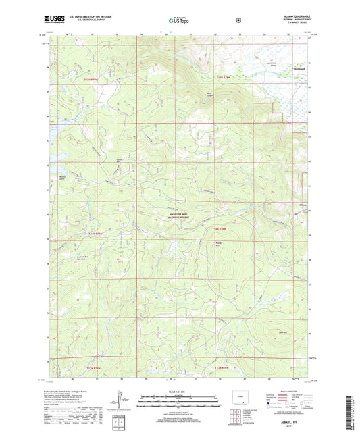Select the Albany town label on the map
[303, 205]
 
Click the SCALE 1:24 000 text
[179, 390]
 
